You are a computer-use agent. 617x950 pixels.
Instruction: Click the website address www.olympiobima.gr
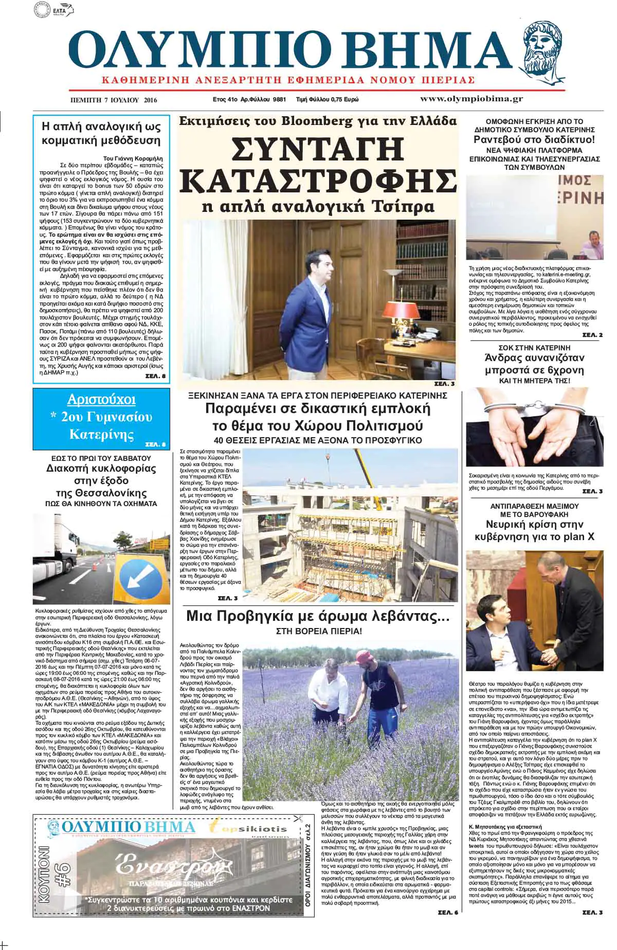pos(471,98)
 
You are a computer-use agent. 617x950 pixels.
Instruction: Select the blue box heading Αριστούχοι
pos(101,400)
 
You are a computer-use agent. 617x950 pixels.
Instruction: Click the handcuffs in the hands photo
pos(535,409)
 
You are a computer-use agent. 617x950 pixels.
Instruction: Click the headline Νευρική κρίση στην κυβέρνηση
pos(535,530)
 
